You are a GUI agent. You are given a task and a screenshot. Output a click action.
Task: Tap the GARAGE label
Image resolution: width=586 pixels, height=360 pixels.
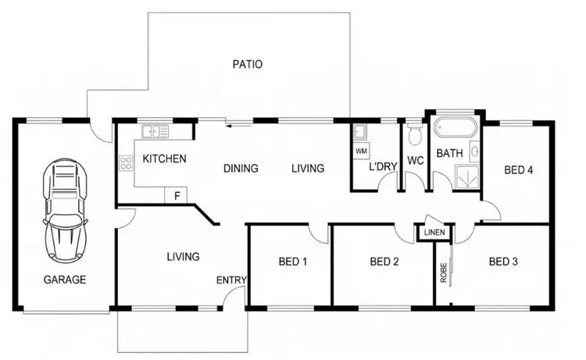65,279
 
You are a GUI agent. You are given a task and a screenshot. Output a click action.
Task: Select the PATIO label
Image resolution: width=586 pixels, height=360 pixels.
247,65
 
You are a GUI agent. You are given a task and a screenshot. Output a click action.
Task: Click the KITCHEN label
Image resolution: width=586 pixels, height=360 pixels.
164,159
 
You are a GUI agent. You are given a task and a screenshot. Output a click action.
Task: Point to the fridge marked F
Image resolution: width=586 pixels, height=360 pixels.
177,195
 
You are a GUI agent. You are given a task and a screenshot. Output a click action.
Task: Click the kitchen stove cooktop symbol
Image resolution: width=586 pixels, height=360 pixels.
125,164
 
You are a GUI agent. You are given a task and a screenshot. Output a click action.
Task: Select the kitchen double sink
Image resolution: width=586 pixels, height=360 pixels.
155,130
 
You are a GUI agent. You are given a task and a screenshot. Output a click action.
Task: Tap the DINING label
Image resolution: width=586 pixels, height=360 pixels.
241,168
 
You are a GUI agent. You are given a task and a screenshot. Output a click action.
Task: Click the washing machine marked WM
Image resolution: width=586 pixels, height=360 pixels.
361,149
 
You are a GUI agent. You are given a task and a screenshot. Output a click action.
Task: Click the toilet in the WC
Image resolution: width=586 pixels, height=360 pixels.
414,135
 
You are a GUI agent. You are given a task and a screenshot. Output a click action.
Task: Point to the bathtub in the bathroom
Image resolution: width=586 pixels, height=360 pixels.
454,127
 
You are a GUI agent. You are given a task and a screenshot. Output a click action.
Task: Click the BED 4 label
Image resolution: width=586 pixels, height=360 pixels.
518,169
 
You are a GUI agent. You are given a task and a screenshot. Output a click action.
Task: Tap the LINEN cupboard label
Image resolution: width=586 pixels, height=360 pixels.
434,233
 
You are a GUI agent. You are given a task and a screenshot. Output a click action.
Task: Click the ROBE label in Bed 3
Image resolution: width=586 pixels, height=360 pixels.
443,272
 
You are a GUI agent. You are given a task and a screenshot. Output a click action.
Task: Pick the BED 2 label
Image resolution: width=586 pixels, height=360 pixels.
384,262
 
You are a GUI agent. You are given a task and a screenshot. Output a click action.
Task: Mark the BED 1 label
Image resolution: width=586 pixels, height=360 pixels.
292,262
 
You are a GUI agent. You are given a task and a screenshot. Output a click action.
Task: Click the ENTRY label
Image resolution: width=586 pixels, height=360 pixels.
232,280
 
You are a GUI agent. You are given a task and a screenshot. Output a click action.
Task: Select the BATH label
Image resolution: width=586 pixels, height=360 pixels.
449,153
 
